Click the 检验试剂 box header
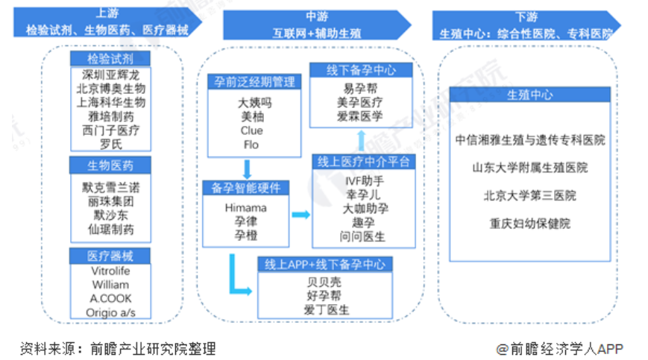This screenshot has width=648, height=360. pyautogui.click(x=110, y=59)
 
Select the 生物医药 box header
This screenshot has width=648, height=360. pyautogui.click(x=110, y=165)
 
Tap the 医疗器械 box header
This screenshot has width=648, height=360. pyautogui.click(x=110, y=256)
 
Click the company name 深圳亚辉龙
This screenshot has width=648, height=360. pyautogui.click(x=110, y=75)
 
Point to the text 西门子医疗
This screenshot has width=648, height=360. pyautogui.click(x=110, y=130)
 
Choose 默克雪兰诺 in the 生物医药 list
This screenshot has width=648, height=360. pyautogui.click(x=110, y=188)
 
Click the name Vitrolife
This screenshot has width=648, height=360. pyautogui.click(x=110, y=271)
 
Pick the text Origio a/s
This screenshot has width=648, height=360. pyautogui.click(x=110, y=312)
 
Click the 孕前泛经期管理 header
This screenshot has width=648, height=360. pyautogui.click(x=251, y=83)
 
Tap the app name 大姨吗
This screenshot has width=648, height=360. pyautogui.click(x=251, y=104)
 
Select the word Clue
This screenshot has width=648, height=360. pyautogui.click(x=251, y=130)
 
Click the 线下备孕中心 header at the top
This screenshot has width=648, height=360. pyautogui.click(x=361, y=70)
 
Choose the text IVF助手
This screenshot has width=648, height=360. pyautogui.click(x=363, y=180)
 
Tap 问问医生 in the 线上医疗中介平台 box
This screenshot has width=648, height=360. pyautogui.click(x=363, y=236)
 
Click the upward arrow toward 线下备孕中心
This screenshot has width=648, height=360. pyautogui.click(x=361, y=139)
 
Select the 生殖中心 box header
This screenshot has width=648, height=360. pyautogui.click(x=529, y=95)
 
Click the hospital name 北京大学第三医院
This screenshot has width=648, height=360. pyautogui.click(x=529, y=195)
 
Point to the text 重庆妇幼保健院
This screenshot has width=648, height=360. pyautogui.click(x=529, y=223)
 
